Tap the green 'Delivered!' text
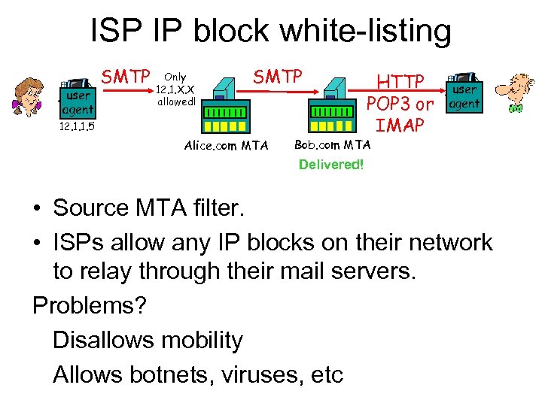(x=330, y=164)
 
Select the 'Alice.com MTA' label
(x=226, y=145)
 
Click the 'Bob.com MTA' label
(x=332, y=144)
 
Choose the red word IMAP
(x=400, y=124)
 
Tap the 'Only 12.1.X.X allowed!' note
(x=175, y=89)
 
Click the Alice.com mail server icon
(x=224, y=101)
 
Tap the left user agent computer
(x=77, y=98)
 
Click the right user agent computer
(x=464, y=92)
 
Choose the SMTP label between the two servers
(x=277, y=77)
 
